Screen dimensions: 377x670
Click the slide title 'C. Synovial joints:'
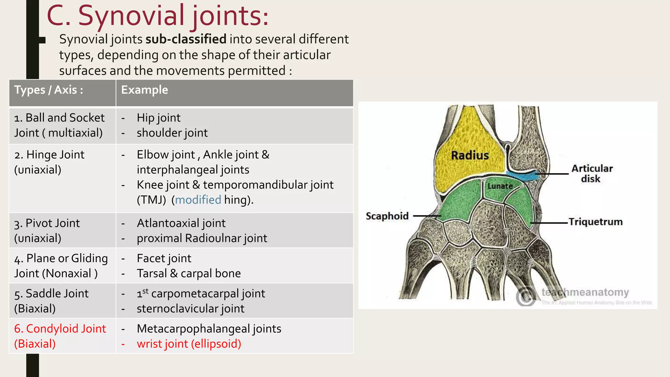158,16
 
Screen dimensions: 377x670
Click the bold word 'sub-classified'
186,39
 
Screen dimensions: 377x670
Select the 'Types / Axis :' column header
48,90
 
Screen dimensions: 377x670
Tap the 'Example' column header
144,90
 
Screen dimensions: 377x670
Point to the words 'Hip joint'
158,118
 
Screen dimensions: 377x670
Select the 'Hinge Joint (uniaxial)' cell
49,162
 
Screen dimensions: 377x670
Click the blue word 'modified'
198,200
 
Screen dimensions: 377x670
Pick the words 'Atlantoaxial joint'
181,223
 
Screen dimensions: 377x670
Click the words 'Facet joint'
164,259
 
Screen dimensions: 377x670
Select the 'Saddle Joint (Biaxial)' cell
51,301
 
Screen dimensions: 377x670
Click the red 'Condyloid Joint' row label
60,329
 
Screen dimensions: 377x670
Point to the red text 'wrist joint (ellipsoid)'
189,344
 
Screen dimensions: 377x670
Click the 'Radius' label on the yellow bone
470,155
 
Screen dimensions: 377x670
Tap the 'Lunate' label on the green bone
500,186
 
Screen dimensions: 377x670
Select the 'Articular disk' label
591,173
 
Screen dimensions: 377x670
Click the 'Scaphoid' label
387,216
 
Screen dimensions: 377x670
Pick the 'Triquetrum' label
595,222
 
